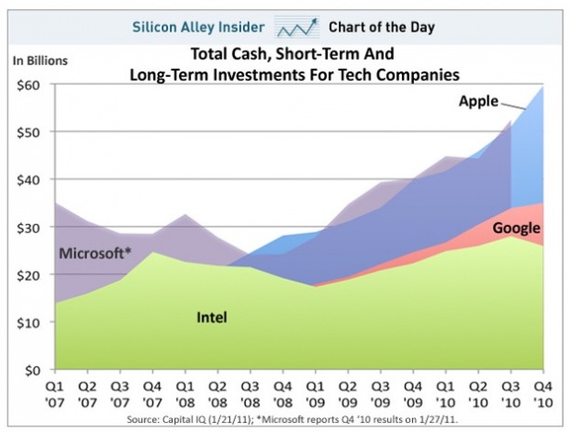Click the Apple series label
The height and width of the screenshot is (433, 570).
(x=479, y=100)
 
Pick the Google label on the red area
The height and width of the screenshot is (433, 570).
(x=516, y=228)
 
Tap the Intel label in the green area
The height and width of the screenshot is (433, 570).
(x=212, y=318)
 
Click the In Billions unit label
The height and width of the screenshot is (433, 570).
(x=40, y=60)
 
